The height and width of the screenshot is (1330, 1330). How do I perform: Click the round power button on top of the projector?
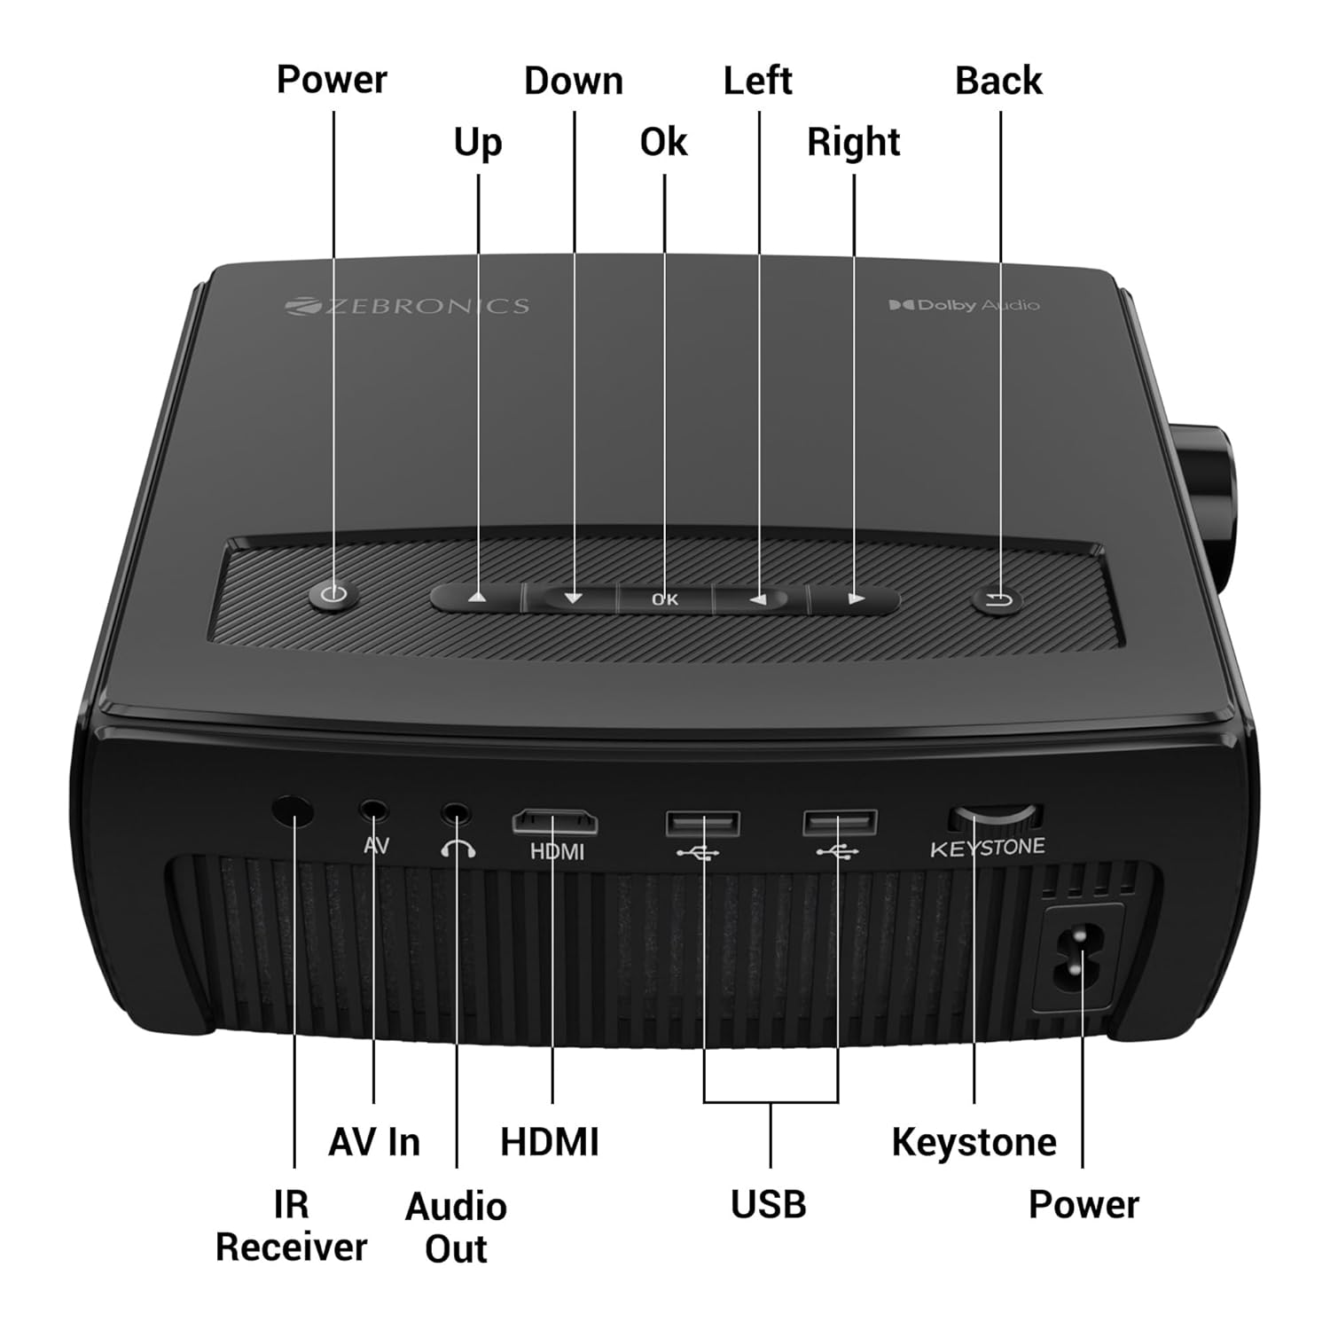pyautogui.click(x=333, y=595)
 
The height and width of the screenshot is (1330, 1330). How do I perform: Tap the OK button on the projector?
pyautogui.click(x=665, y=599)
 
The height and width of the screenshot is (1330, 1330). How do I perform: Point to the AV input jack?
pyautogui.click(x=374, y=810)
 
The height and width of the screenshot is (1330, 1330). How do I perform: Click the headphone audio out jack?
pyautogui.click(x=457, y=811)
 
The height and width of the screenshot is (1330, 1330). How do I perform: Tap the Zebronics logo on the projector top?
pyautogui.click(x=407, y=306)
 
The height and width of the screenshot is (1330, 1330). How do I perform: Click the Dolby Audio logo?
pyautogui.click(x=964, y=305)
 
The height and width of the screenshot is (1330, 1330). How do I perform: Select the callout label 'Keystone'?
pyautogui.click(x=974, y=1143)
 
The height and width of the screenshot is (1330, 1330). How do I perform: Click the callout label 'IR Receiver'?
pyautogui.click(x=292, y=1226)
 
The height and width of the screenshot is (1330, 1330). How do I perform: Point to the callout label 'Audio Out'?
pyautogui.click(x=456, y=1228)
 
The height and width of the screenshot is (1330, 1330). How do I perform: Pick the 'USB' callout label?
pyautogui.click(x=769, y=1204)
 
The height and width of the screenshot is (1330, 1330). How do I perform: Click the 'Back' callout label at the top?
pyautogui.click(x=998, y=81)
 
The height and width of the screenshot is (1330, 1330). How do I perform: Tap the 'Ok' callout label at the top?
pyautogui.click(x=663, y=142)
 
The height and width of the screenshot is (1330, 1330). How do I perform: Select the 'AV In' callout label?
pyautogui.click(x=374, y=1142)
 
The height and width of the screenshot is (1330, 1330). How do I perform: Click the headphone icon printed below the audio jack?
pyautogui.click(x=458, y=849)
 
